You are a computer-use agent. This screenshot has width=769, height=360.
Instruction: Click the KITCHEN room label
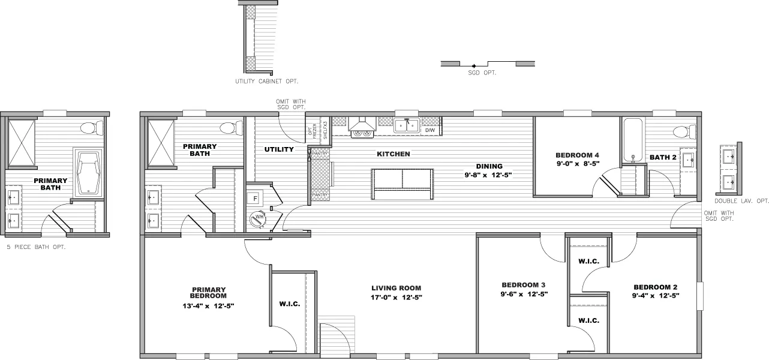(393, 154)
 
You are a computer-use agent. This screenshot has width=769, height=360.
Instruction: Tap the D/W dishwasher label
(429, 130)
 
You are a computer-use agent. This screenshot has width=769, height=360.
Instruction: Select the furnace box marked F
(255, 197)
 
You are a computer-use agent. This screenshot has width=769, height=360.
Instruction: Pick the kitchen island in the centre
(402, 184)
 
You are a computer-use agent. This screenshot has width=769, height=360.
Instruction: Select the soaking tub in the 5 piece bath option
(89, 173)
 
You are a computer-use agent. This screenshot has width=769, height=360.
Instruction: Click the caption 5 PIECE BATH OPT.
(35, 247)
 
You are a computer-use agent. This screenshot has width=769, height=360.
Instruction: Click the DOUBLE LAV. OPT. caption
(741, 201)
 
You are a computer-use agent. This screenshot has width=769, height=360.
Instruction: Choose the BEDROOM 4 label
(578, 155)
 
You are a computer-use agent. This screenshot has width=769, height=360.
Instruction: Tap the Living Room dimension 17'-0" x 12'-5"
(396, 297)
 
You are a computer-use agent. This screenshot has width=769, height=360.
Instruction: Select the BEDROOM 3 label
(523, 285)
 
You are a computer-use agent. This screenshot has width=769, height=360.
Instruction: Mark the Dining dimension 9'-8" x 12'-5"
(489, 175)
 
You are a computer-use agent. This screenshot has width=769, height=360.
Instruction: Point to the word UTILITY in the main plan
(279, 149)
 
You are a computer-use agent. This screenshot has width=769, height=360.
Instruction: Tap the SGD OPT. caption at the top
(482, 73)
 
